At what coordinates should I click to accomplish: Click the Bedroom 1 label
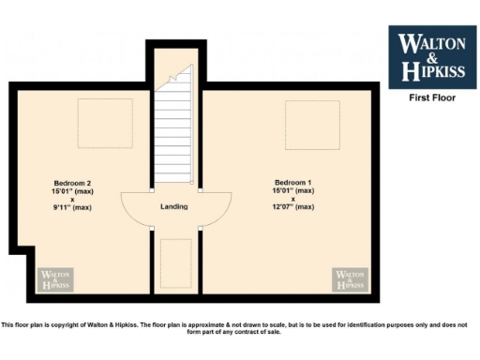point(292,182)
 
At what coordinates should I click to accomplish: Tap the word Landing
point(174,207)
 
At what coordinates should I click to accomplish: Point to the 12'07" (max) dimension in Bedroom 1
point(292,207)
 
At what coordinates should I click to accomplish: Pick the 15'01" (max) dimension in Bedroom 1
point(292,190)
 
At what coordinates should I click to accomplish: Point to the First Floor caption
point(431,97)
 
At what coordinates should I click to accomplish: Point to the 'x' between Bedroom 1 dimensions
point(292,199)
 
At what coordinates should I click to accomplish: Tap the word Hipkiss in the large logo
point(432,70)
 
